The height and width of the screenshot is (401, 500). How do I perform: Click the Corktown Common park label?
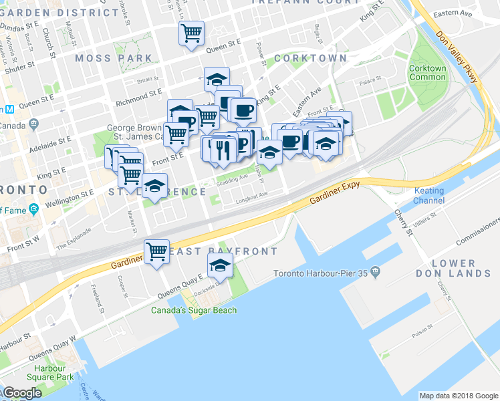click(427, 72)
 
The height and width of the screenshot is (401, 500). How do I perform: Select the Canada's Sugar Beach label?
click(193, 310)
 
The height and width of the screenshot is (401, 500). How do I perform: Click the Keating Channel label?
click(428, 195)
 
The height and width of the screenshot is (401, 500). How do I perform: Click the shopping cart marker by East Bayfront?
click(156, 252)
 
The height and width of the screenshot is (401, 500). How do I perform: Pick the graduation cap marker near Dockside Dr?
click(220, 267)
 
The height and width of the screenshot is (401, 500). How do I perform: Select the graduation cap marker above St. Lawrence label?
click(154, 186)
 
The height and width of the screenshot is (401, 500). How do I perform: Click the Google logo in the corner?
click(22, 393)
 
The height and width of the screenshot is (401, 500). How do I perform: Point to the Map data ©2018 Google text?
click(458, 396)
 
